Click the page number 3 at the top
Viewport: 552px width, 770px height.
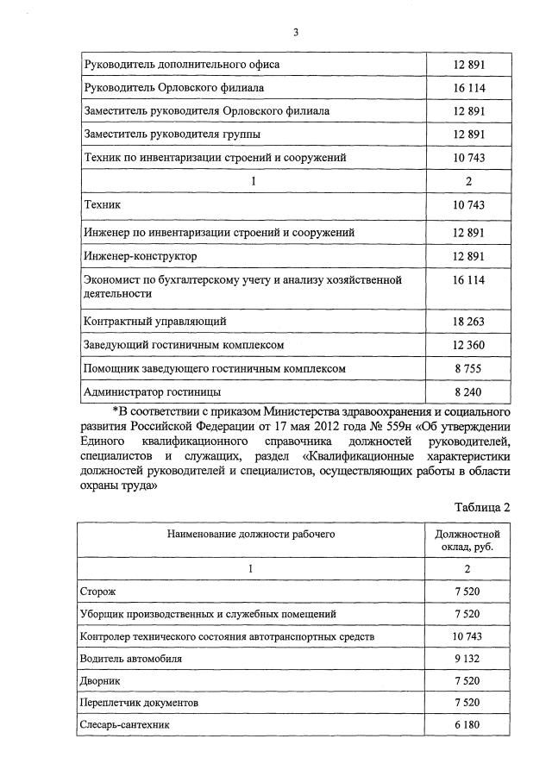[x=295, y=33]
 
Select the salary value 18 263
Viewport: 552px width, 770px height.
[x=468, y=322]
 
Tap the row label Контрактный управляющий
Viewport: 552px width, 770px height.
[x=155, y=322]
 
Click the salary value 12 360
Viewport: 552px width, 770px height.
[x=468, y=345]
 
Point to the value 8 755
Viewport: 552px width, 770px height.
[x=468, y=368]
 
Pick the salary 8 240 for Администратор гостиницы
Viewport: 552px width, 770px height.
[x=468, y=391]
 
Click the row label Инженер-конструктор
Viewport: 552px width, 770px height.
[x=141, y=256]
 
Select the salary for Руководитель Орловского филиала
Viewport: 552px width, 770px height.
[x=468, y=88]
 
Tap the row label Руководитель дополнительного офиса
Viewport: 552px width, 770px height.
[x=181, y=65]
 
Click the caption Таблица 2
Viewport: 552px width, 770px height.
[x=482, y=507]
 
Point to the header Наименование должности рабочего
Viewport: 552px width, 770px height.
[x=251, y=534]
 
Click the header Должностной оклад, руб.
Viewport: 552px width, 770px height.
[x=467, y=541]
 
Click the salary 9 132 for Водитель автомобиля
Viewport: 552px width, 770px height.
[x=467, y=658]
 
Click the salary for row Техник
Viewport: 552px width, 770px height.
[x=468, y=204]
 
